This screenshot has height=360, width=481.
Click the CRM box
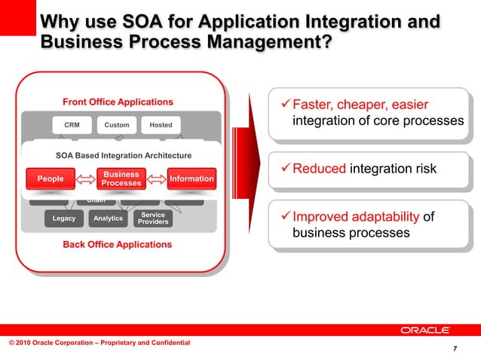72,125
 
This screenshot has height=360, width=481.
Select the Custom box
116,125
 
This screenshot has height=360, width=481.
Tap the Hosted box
161,125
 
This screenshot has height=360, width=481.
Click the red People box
51,178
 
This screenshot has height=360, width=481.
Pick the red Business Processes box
121,178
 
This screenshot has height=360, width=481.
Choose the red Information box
191,178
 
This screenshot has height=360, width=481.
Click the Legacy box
63,219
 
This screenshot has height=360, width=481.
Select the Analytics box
109,219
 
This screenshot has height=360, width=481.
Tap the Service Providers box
154,219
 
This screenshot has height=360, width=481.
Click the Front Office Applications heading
118,102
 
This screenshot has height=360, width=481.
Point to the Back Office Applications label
117,245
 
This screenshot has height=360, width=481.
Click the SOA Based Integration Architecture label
124,156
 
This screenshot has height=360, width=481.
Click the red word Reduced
319,169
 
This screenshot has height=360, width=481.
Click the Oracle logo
425,331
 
